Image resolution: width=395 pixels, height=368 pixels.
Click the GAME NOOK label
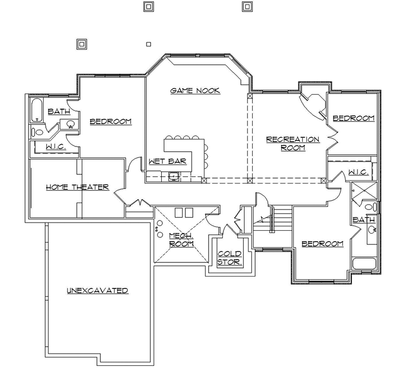click(195, 91)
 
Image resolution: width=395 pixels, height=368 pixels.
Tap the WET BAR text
click(168, 161)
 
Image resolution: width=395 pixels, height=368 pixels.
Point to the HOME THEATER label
click(77, 187)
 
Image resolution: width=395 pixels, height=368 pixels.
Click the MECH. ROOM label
click(181, 240)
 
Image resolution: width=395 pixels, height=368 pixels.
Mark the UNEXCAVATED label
click(98, 290)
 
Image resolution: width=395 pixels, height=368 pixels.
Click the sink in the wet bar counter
click(174, 176)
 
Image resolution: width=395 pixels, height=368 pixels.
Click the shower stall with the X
click(362, 191)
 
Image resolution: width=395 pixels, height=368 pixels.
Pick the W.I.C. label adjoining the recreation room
click(358, 172)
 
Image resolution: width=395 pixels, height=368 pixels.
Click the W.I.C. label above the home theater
click(56, 146)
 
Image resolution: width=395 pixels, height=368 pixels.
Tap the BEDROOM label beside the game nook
click(111, 121)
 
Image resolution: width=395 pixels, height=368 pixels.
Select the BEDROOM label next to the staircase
click(323, 243)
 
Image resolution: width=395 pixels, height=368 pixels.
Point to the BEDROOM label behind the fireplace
click(354, 118)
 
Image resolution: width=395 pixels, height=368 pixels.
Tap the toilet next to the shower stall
click(370, 207)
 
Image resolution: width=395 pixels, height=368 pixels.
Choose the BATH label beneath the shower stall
click(363, 219)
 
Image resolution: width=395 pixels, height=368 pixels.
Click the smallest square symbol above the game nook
click(148, 45)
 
